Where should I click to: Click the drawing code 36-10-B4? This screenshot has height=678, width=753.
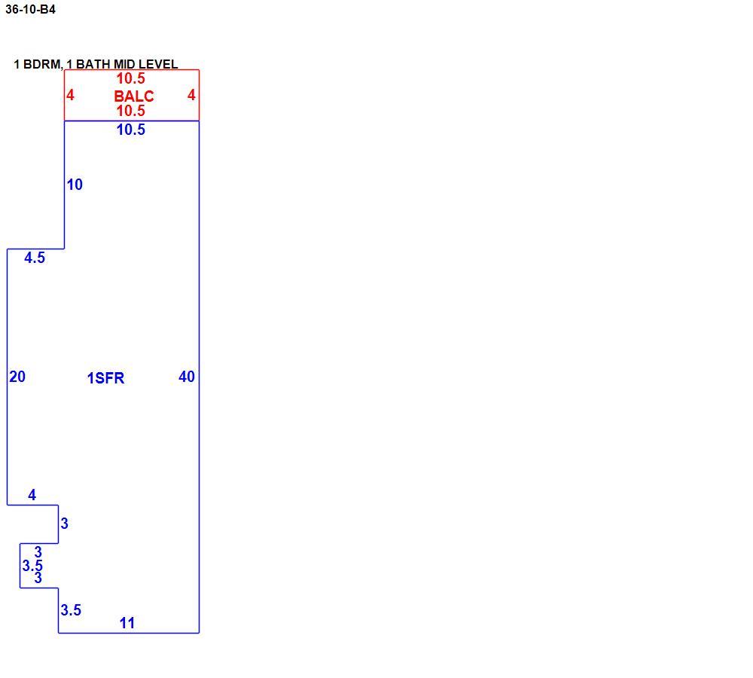[30, 9]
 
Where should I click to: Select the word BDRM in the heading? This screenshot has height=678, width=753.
[43, 64]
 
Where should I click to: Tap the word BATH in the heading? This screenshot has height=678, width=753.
[93, 64]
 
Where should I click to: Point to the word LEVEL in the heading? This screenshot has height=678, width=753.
[158, 64]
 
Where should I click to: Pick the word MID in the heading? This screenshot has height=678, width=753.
[124, 64]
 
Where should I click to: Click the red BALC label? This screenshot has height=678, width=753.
[134, 96]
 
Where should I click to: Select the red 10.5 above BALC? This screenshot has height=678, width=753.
[130, 78]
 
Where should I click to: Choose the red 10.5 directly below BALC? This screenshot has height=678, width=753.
[130, 111]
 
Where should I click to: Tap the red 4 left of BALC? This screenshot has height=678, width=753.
[70, 95]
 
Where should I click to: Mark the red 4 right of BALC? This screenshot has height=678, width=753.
[191, 95]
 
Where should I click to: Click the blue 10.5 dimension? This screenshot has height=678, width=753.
[130, 130]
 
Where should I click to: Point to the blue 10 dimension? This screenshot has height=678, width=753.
[75, 185]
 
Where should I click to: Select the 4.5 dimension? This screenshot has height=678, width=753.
[35, 258]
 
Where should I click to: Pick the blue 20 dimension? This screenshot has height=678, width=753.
[17, 377]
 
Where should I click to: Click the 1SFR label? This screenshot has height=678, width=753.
[105, 378]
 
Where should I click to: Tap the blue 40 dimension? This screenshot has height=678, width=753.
[187, 377]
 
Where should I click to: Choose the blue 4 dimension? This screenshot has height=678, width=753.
[32, 495]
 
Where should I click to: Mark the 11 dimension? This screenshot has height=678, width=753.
[127, 623]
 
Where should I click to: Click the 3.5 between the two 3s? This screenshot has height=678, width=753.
[32, 566]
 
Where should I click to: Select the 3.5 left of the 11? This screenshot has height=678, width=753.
[71, 610]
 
